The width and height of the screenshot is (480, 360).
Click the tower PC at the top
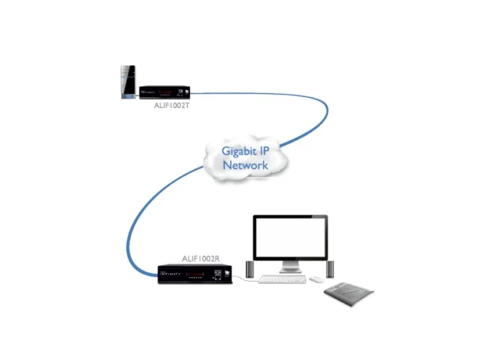coord(128,82)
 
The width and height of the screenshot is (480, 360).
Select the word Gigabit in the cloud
coord(235,152)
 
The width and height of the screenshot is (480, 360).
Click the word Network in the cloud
coord(245,165)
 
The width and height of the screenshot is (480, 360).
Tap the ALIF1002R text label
coord(201,258)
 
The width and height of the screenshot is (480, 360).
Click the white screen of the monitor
coord(291,238)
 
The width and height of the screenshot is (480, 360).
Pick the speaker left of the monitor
coord(250,269)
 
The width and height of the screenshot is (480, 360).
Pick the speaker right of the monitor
coord(330,269)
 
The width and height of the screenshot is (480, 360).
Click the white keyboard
coord(284,279)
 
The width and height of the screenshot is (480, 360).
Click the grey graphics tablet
coord(349,292)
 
